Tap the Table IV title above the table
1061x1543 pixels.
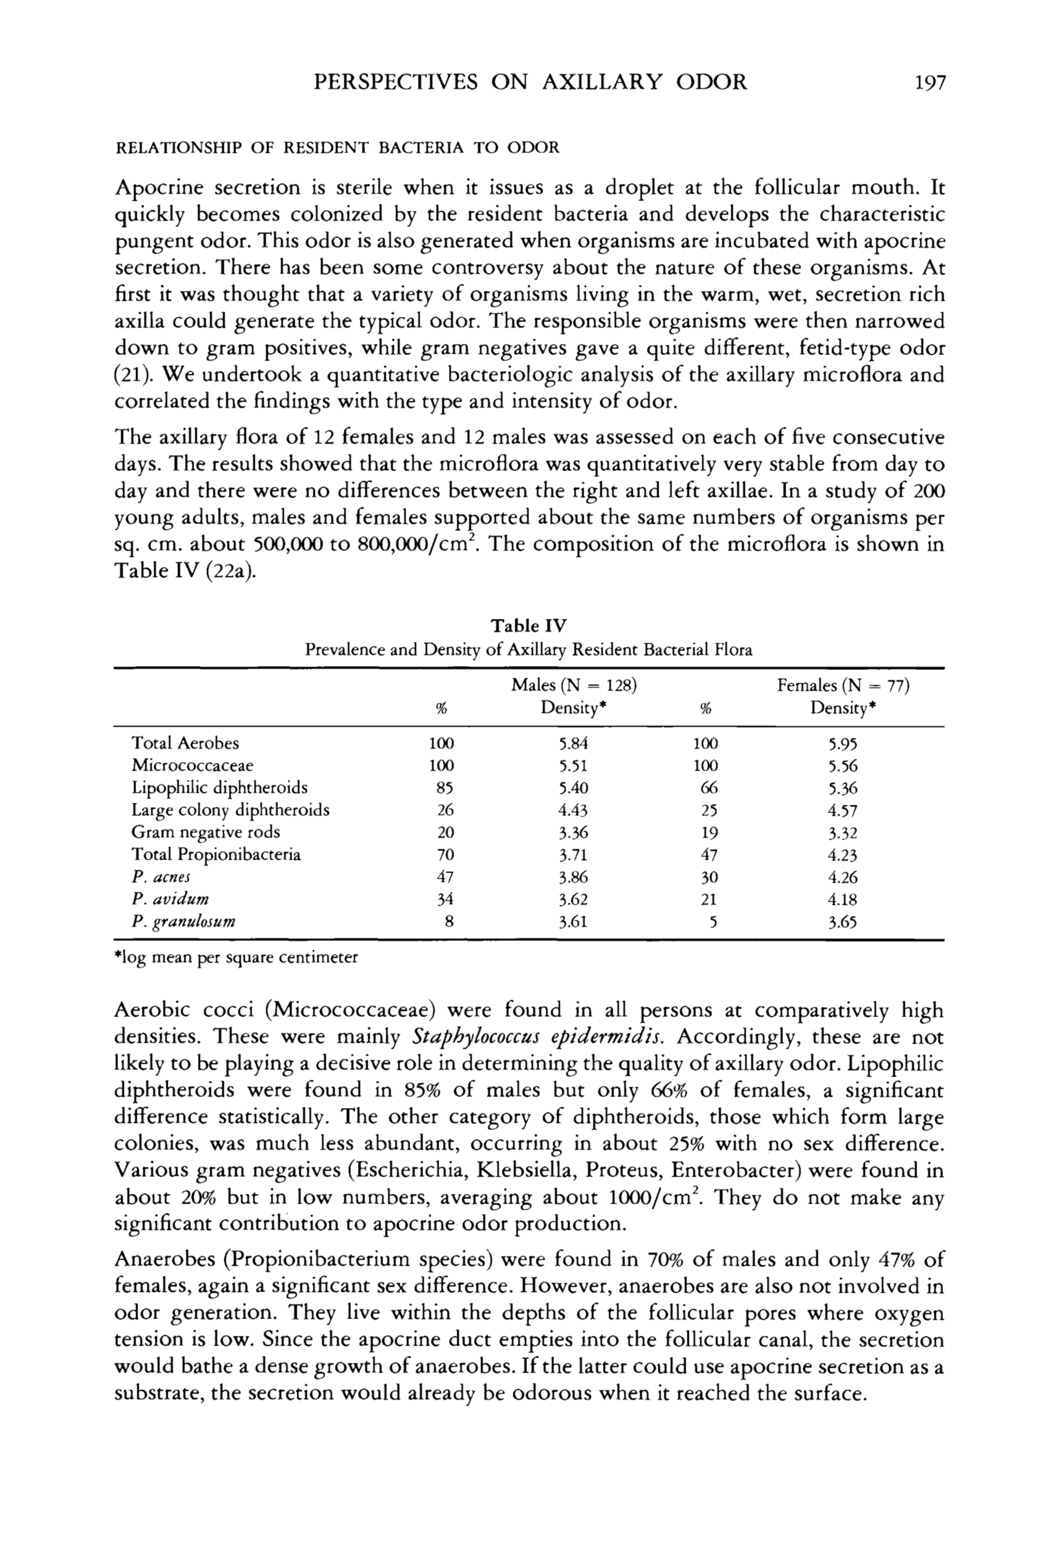(x=528, y=626)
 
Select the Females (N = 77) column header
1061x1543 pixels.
(x=842, y=685)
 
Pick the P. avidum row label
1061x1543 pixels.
(x=170, y=899)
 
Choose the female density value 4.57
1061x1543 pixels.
(x=842, y=810)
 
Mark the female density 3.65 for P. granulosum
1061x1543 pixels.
(x=842, y=922)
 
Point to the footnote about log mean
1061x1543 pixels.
(x=236, y=958)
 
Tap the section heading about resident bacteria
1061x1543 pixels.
(x=338, y=148)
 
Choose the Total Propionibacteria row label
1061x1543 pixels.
(x=216, y=854)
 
